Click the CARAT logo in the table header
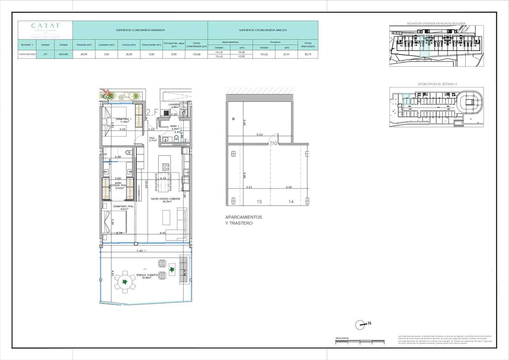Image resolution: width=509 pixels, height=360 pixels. click(x=45, y=26)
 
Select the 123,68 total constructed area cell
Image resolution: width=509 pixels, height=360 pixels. click(x=196, y=54)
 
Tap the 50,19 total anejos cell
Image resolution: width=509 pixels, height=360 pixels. click(x=307, y=54)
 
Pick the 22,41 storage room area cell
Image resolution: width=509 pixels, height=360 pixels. click(x=287, y=54)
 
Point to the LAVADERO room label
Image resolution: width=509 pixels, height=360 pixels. click(x=174, y=104)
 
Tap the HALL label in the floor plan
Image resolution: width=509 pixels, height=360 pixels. click(x=152, y=138)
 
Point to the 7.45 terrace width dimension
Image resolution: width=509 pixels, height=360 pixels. click(x=139, y=251)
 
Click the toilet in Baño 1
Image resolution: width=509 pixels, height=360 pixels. click(x=176, y=138)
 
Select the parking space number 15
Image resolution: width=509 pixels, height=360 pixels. click(x=259, y=201)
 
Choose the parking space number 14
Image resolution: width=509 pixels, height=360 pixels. click(x=291, y=201)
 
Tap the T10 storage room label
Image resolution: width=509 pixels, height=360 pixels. click(x=273, y=143)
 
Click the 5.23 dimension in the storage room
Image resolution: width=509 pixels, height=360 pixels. click(x=260, y=135)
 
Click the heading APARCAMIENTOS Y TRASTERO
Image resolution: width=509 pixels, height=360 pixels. click(x=243, y=220)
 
